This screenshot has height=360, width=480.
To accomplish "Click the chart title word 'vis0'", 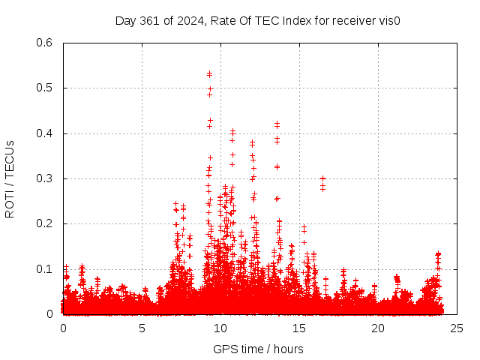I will pos(388,20).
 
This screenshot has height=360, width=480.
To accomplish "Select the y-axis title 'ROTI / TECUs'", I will pos(10,178).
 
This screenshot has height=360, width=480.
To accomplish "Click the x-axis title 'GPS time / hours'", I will pos(258,349).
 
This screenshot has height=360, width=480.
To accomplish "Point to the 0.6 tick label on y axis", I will pos(45,43).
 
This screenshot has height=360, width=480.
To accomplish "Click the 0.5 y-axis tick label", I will pos(45,88).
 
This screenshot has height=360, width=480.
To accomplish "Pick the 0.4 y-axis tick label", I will pos(45,133).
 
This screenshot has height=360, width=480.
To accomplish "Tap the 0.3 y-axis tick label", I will pos(45,178).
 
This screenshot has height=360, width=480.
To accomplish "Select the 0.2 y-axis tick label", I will pos(45,223).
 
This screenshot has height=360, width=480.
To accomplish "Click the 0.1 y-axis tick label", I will pos(45,268).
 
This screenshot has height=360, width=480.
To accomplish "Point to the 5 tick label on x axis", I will pos(142,328).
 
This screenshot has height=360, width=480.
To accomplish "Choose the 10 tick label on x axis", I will pos(220,328).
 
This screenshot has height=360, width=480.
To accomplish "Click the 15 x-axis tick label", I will pos(299,328).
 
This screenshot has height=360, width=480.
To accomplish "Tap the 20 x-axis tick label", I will pos(378,328).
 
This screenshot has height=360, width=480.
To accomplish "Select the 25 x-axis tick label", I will pos(457,328).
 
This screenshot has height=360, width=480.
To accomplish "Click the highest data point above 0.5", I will pos(210,73).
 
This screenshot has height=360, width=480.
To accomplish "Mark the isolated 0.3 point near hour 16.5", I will pos(322,178).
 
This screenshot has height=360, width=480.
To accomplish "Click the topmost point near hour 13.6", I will pos(277,123).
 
